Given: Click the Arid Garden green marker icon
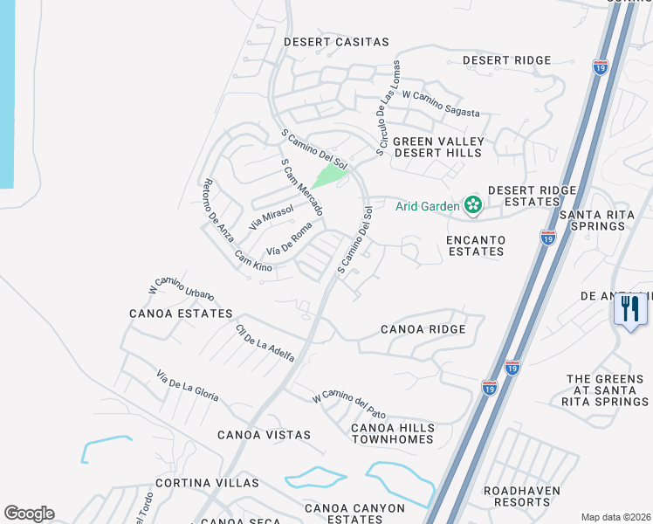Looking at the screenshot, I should click(473, 206).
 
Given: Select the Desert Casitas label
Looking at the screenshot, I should click(336, 41).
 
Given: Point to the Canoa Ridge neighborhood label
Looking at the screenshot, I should click(423, 329).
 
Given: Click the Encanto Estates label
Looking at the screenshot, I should click(475, 245).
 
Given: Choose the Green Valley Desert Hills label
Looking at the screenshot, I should click(436, 147).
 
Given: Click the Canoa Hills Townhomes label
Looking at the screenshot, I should click(392, 432).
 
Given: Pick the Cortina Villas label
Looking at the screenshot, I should click(207, 483).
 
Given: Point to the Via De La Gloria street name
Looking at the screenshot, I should click(187, 385).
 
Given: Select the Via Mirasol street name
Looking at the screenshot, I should click(271, 214).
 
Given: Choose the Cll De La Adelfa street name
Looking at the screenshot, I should click(265, 343).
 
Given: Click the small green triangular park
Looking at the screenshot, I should click(329, 176).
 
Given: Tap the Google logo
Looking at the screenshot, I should click(29, 514).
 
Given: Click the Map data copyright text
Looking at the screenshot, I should click(615, 517).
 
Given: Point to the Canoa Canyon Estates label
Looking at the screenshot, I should click(354, 514).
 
